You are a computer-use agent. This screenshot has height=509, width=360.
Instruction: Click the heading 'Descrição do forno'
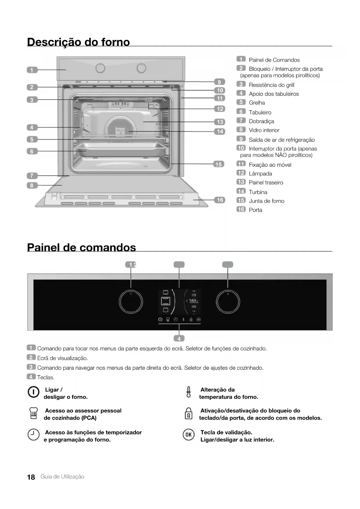78,42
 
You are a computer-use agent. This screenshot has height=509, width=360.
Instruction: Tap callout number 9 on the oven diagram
219,82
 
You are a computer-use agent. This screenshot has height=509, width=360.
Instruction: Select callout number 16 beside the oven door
220,200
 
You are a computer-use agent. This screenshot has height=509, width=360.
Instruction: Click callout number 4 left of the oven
32,127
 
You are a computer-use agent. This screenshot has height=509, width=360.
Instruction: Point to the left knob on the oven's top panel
100,68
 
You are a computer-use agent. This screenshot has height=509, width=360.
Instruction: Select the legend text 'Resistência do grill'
271,85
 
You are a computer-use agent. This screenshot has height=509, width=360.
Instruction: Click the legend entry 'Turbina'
258,192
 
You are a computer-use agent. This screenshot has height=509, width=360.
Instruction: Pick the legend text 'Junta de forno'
266,201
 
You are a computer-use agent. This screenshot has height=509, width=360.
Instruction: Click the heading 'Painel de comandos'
82,248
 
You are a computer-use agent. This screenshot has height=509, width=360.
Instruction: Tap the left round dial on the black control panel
131,302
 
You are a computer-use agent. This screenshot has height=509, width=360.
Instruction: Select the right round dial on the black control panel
228,302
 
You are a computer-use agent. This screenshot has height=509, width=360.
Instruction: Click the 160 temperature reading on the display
193,301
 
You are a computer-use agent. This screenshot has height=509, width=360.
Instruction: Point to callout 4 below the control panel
179,339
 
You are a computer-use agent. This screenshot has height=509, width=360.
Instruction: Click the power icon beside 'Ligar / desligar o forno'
33,392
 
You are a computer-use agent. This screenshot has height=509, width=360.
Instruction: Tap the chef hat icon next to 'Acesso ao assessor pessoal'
34,413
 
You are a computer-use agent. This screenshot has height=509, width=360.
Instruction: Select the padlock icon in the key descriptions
189,413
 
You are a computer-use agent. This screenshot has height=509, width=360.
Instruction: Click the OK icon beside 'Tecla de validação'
189,435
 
